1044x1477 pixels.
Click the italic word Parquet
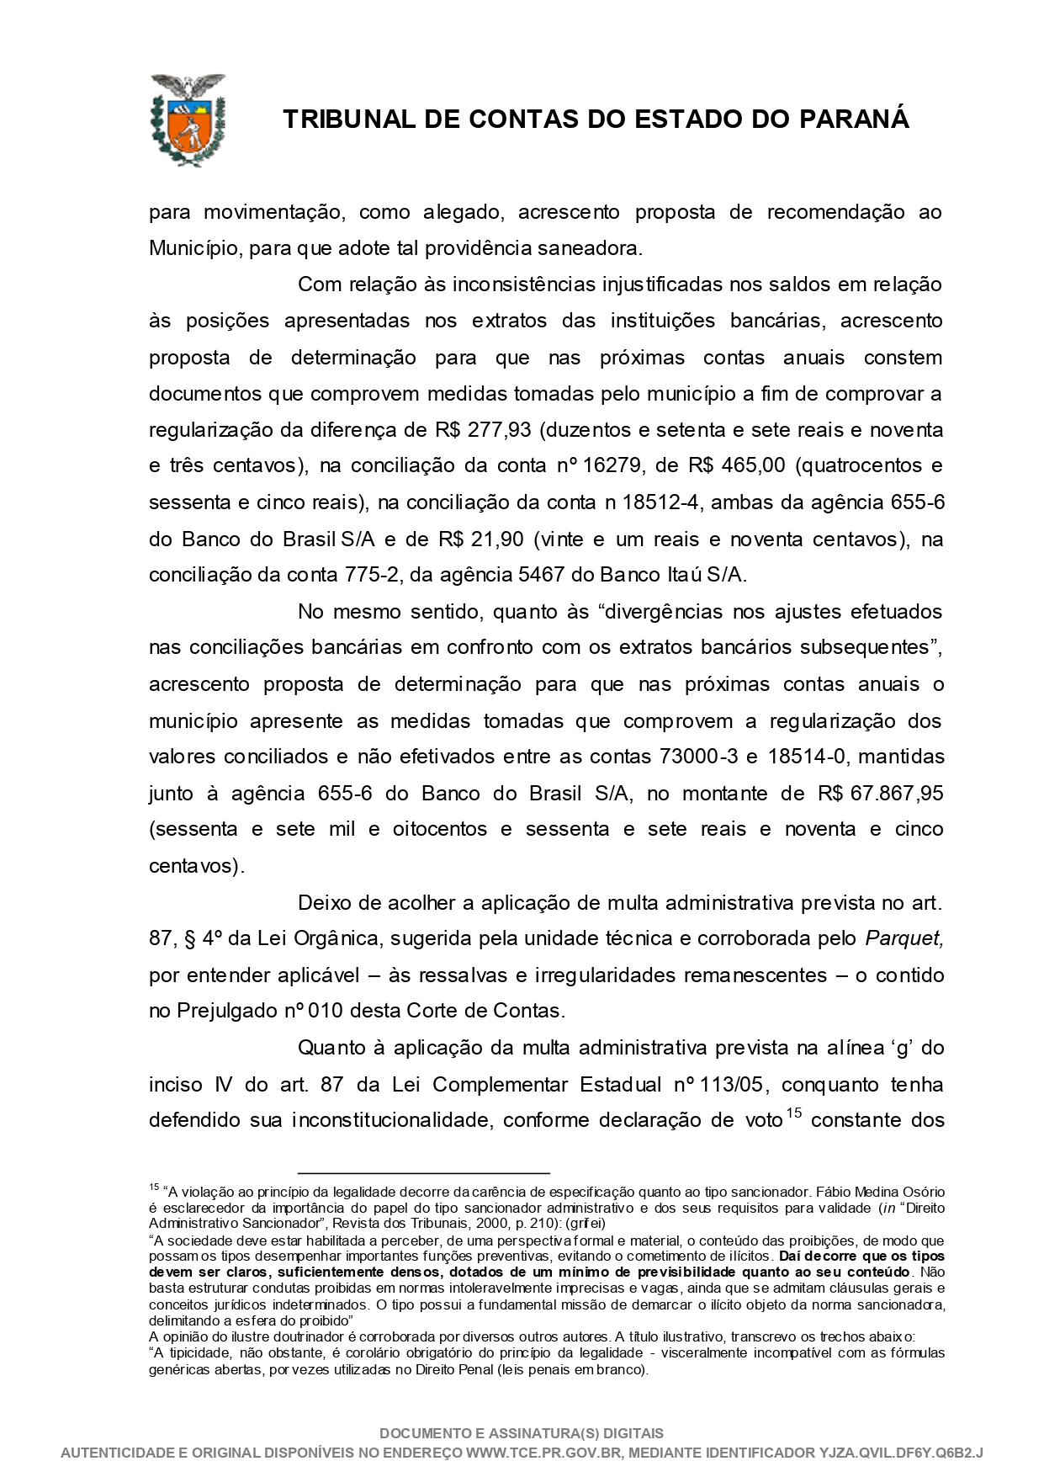pos(904,938)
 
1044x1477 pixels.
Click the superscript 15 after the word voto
pos(793,1114)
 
